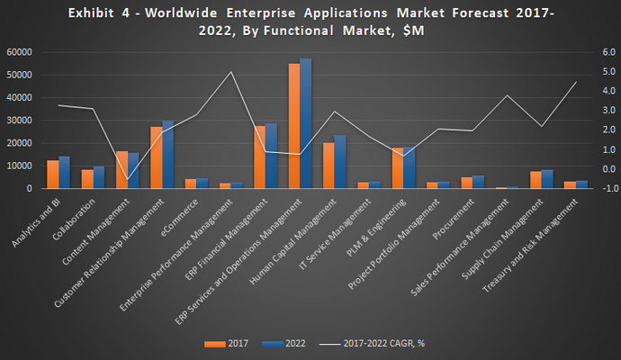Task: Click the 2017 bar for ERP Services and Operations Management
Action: pos(294,126)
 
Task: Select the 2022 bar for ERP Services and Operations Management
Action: pos(306,123)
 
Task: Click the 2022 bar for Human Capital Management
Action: pos(340,162)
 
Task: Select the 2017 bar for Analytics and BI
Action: pos(53,175)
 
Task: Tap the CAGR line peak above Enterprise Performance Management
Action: pos(230,72)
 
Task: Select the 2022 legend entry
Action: pos(283,343)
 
